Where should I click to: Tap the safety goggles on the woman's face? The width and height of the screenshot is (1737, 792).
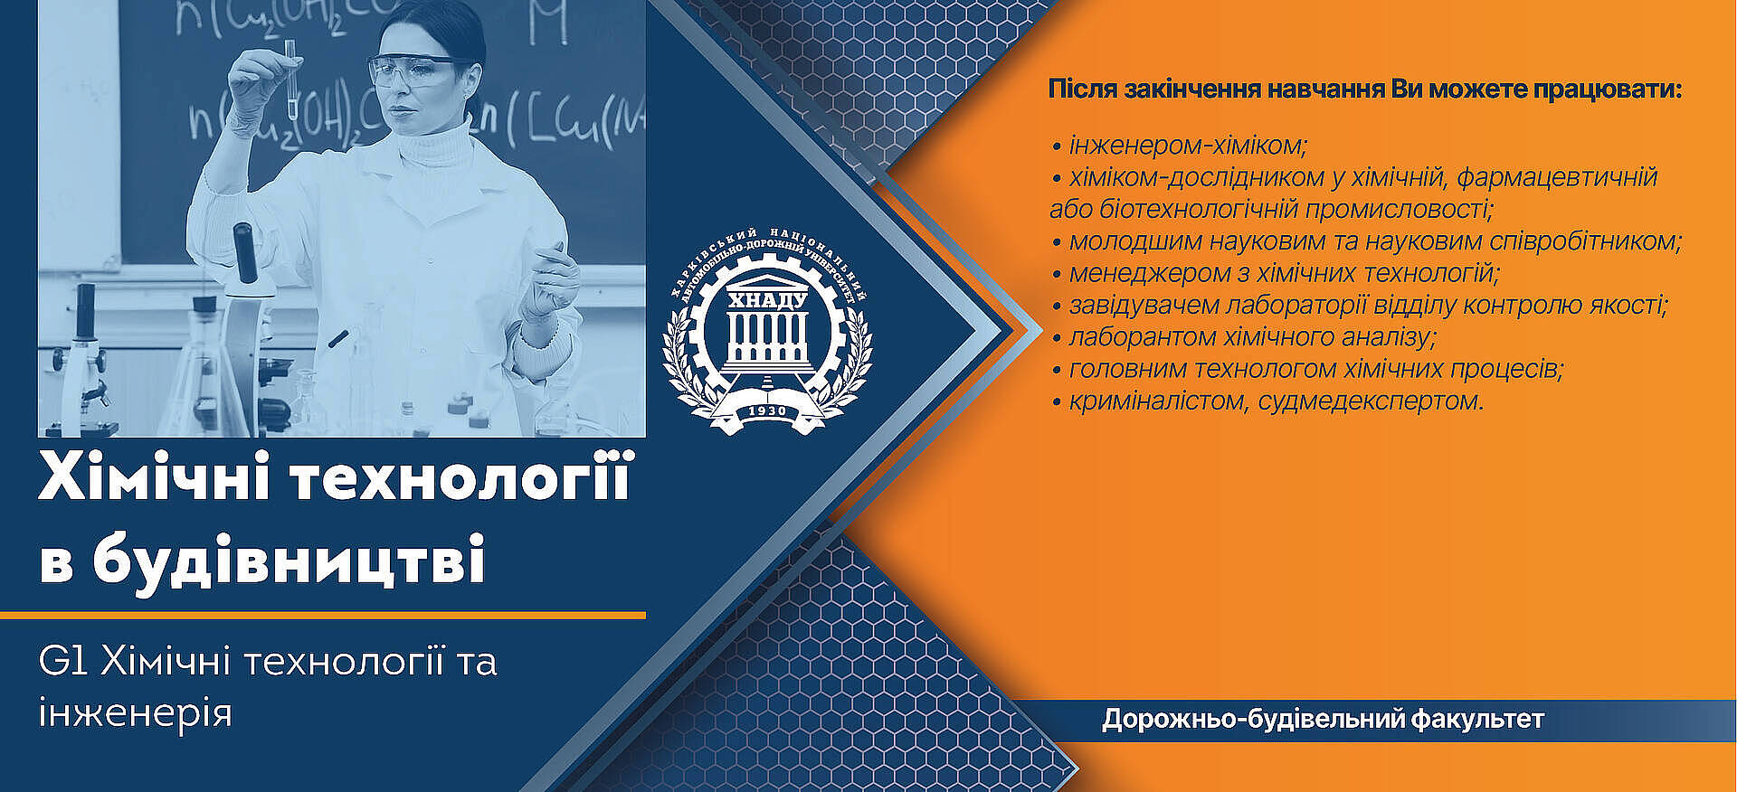coord(417,71)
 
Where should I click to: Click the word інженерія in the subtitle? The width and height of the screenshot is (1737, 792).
coord(136,713)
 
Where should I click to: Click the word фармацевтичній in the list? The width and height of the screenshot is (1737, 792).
coord(1557,178)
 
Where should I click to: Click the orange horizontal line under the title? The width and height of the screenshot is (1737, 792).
coord(323,616)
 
